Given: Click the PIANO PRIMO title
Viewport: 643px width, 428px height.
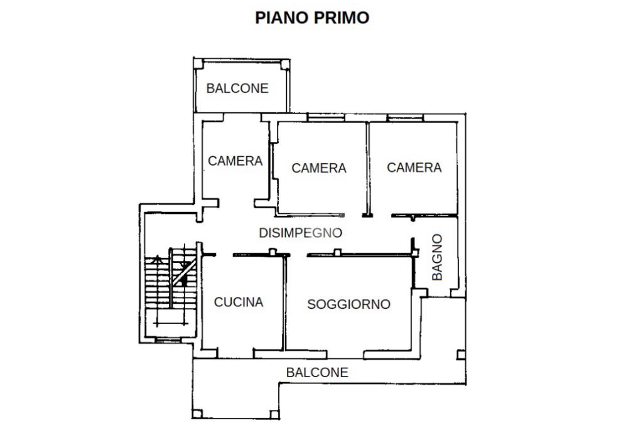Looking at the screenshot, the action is (312, 18).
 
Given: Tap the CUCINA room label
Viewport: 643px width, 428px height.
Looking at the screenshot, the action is (239, 302).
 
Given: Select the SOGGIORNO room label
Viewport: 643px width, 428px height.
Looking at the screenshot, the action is (349, 304).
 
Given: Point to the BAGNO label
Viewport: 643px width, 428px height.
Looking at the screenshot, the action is (438, 257).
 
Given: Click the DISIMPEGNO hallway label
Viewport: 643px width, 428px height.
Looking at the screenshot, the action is (301, 233).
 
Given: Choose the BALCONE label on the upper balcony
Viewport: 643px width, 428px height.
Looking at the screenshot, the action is (237, 88).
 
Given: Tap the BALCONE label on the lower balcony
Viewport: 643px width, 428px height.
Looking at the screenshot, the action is (317, 372).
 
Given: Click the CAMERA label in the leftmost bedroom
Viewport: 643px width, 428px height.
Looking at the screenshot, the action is (235, 161).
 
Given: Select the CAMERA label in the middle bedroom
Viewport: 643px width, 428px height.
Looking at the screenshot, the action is (319, 168).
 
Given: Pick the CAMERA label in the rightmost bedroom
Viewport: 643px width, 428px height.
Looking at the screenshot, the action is (414, 168).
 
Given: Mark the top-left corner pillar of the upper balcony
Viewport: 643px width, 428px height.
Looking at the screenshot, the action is (198, 63).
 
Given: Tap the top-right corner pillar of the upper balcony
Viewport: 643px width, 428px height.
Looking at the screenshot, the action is (285, 65).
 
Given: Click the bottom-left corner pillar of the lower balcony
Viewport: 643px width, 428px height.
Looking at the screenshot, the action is (197, 414).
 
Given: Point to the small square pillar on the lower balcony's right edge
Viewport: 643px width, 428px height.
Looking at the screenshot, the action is (461, 355).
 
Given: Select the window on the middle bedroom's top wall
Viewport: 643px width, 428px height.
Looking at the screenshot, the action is (326, 117).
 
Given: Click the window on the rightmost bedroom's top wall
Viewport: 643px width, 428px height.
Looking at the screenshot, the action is (405, 117).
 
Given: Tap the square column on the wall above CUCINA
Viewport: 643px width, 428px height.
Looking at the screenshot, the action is (273, 252).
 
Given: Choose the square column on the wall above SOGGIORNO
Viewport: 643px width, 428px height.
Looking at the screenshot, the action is (337, 252).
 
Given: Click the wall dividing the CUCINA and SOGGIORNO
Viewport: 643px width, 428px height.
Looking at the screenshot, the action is (284, 303).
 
